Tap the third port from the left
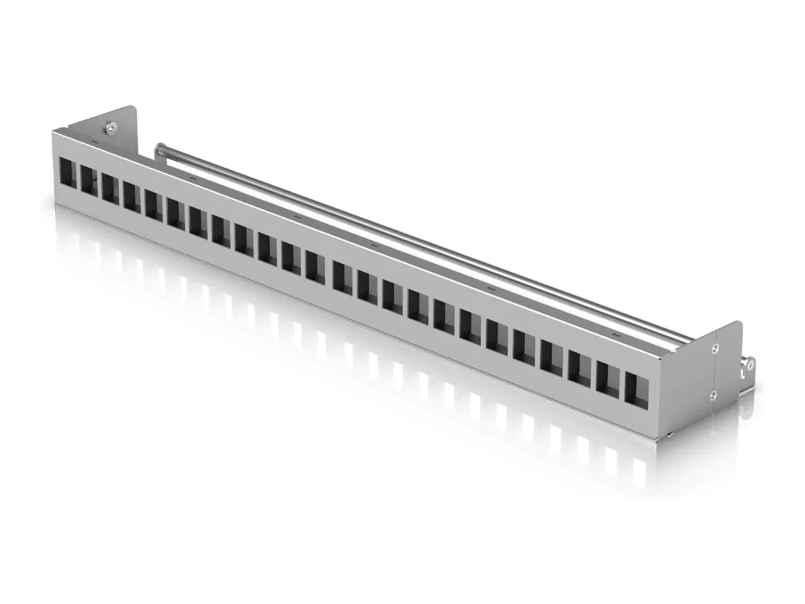(110, 187)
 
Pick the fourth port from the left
(131, 195)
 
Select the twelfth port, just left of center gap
(315, 265)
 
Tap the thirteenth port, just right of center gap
(341, 275)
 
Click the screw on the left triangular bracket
(109, 125)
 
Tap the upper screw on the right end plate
(715, 348)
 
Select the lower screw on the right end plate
(713, 395)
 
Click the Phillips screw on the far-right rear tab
(750, 364)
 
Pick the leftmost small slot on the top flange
(94, 142)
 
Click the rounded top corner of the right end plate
(737, 325)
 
